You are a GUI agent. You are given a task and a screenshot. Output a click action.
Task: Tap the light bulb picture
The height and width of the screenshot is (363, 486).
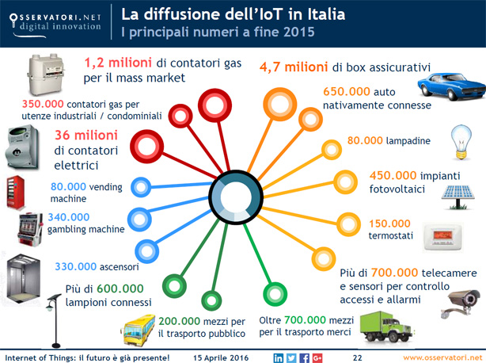(x=461, y=142)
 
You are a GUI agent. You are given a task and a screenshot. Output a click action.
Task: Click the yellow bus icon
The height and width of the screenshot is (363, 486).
(x=138, y=330)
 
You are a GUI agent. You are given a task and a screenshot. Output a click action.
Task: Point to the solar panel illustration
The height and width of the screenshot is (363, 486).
(x=458, y=197)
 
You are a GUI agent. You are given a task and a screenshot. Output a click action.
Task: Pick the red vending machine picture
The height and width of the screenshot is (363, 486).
(x=15, y=193)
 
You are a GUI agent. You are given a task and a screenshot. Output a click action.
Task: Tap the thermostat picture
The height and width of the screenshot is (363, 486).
(x=443, y=236)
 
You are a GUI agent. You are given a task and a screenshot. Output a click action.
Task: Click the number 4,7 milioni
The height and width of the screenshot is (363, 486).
(x=294, y=67)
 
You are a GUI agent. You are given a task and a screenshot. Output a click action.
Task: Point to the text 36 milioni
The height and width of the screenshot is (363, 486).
(x=86, y=136)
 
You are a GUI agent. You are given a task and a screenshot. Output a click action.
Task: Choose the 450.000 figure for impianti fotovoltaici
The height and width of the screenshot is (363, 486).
(x=393, y=176)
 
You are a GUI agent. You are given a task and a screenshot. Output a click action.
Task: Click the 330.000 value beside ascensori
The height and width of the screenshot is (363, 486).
(x=76, y=266)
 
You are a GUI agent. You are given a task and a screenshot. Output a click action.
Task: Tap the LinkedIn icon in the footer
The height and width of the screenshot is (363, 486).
(x=278, y=357)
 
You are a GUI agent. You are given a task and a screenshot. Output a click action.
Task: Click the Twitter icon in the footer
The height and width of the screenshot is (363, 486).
(x=291, y=357)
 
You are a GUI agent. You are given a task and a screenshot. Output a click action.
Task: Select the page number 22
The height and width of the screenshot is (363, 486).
(x=357, y=357)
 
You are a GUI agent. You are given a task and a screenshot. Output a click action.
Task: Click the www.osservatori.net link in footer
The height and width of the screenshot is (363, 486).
(x=442, y=357)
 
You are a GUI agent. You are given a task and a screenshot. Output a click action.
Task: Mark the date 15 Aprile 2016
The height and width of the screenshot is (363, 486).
(x=221, y=357)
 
